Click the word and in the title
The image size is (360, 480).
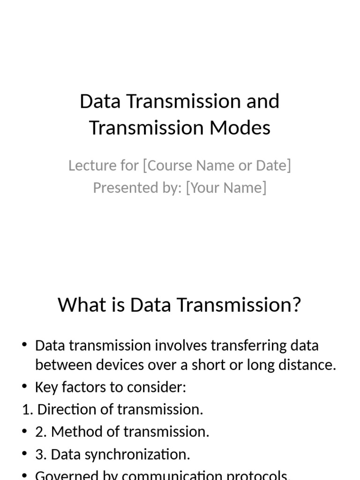(262, 101)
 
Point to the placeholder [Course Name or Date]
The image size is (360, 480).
(217, 165)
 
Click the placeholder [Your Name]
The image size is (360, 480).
(226, 188)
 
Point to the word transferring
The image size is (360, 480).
(242, 346)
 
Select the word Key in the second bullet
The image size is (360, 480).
(45, 388)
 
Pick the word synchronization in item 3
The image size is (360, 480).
(142, 454)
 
